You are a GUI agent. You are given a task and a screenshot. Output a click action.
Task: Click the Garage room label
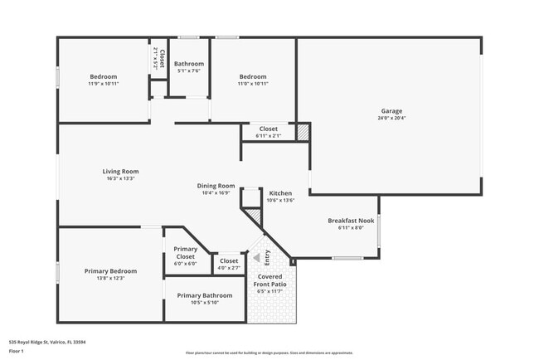point(392,110)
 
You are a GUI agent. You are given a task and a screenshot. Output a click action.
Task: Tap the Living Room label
point(120,172)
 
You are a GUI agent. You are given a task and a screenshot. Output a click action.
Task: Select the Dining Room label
point(216,186)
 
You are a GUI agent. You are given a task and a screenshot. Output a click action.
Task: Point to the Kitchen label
point(280,193)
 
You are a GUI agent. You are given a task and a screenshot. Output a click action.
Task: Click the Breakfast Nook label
point(351,221)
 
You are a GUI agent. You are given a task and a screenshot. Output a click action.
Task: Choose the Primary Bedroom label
point(110,271)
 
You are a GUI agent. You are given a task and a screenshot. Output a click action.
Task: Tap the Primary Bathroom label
point(205,295)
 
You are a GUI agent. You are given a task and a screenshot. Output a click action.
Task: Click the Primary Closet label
point(186,253)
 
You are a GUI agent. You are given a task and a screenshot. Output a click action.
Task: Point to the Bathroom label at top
point(189,64)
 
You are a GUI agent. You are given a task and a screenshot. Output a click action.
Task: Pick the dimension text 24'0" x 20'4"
point(392,118)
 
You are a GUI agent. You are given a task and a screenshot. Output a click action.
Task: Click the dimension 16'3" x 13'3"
point(120,178)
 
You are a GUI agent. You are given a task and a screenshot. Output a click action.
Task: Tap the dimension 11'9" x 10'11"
point(104,84)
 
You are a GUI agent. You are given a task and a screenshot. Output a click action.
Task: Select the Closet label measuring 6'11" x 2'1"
point(269,129)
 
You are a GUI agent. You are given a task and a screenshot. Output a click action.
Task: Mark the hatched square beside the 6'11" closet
point(303,131)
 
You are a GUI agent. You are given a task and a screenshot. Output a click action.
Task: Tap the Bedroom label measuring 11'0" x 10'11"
point(253,77)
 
